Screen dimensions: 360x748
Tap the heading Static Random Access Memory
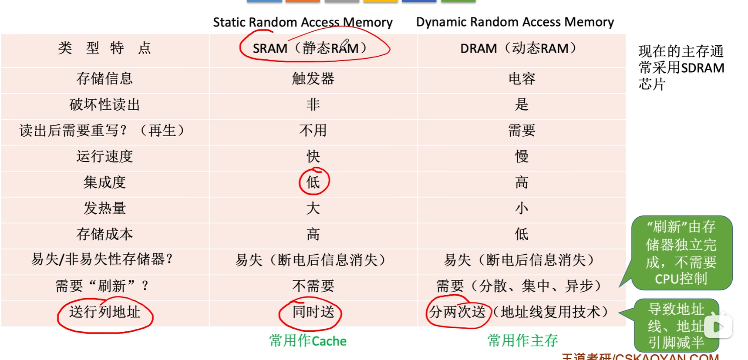pyautogui.click(x=303, y=22)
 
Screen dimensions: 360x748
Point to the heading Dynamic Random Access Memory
pyautogui.click(x=515, y=22)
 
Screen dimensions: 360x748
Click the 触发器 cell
pyautogui.click(x=313, y=79)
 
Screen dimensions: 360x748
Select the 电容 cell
pyautogui.click(x=522, y=79)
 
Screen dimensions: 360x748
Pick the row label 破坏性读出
pyautogui.click(x=104, y=104)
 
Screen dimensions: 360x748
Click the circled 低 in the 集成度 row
pyautogui.click(x=313, y=182)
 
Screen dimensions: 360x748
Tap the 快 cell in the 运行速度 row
pyautogui.click(x=313, y=156)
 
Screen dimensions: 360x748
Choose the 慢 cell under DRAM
pyautogui.click(x=522, y=156)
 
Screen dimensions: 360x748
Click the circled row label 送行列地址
pyautogui.click(x=104, y=312)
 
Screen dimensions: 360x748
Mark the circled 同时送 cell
pyautogui.click(x=313, y=312)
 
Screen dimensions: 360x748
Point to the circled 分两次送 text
pyautogui.click(x=457, y=312)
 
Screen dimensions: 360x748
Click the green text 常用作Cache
pyautogui.click(x=308, y=341)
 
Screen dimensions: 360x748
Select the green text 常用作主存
pyautogui.click(x=522, y=341)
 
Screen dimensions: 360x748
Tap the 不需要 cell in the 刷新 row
pyautogui.click(x=313, y=286)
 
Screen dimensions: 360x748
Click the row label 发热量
pyautogui.click(x=104, y=208)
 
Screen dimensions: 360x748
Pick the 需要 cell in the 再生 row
pyautogui.click(x=522, y=130)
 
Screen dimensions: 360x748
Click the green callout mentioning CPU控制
pyautogui.click(x=681, y=253)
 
